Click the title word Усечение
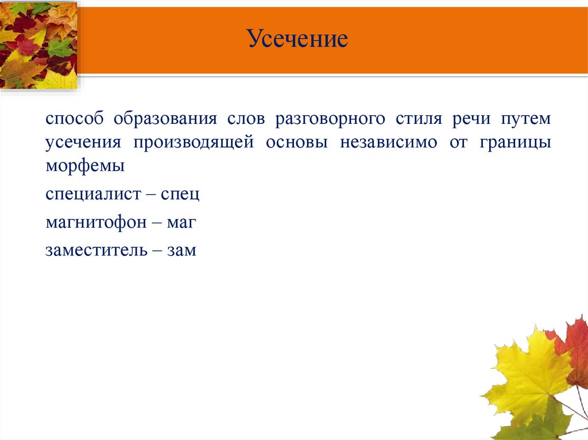298,40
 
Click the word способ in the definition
75,119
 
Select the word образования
165,119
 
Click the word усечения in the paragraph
83,143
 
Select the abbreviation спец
180,194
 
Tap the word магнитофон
96,223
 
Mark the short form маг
182,223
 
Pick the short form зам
182,251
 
